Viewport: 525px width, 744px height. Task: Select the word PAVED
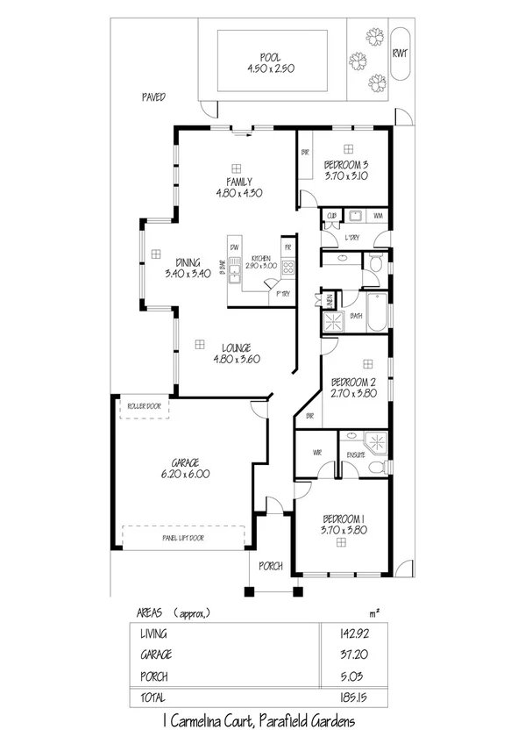154,97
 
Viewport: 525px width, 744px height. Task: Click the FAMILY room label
239,182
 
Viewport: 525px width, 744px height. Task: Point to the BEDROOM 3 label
345,165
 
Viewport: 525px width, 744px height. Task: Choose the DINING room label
188,262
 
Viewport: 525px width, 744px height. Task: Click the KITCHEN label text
260,258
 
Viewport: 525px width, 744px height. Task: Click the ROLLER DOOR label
144,406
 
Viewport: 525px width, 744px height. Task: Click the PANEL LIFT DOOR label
183,538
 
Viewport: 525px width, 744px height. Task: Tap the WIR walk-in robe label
318,454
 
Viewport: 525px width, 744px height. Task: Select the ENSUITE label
355,454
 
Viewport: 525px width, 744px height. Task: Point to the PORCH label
271,566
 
